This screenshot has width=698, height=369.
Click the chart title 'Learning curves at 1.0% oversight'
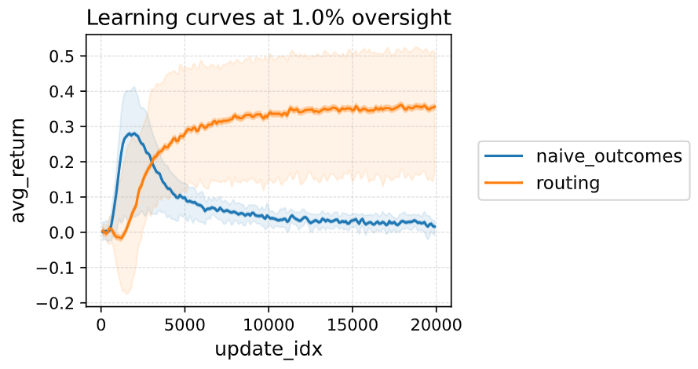tap(269, 17)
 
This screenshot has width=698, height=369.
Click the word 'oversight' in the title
tap(404, 17)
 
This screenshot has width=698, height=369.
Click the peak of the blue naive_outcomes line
tap(134, 133)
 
